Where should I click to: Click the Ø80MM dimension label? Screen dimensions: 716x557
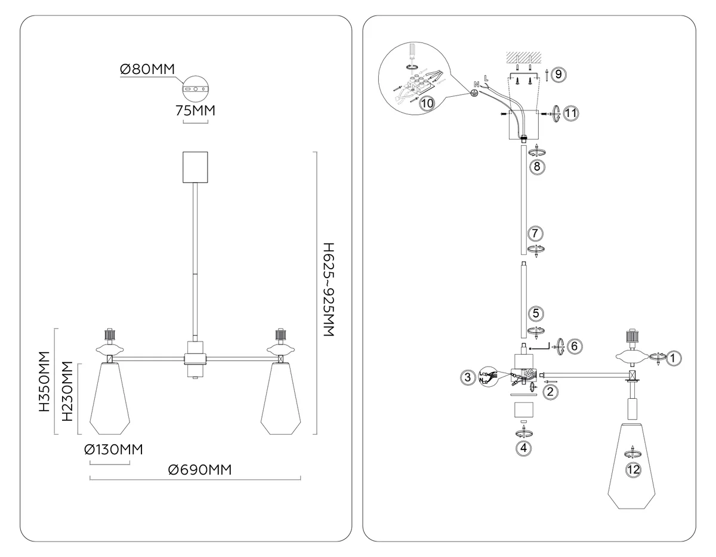point(147,69)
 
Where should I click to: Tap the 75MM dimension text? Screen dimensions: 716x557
point(195,110)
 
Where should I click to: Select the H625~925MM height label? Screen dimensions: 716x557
point(329,290)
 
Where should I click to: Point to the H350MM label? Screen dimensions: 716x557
point(45,381)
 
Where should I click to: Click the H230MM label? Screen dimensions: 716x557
point(67,391)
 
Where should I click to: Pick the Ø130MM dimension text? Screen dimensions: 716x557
point(114,450)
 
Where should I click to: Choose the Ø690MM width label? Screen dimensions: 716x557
point(200,470)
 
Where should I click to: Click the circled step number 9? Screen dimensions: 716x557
point(558,74)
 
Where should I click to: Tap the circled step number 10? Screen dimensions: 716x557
point(427,103)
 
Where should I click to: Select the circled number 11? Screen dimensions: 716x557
point(570,113)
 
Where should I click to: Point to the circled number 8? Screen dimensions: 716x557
point(537,167)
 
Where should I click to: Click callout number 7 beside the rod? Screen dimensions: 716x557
point(535,233)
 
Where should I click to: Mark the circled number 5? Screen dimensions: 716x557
point(536,313)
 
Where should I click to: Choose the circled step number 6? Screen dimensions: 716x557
point(575,346)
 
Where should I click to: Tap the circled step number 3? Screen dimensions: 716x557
point(468,377)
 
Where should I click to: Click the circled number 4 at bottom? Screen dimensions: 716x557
point(524,448)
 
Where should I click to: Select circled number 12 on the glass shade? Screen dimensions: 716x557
point(633,469)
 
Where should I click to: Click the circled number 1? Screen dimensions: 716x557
point(673,358)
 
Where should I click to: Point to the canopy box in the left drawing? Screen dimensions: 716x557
point(195,167)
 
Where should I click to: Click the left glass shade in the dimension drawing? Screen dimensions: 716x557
point(110,398)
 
